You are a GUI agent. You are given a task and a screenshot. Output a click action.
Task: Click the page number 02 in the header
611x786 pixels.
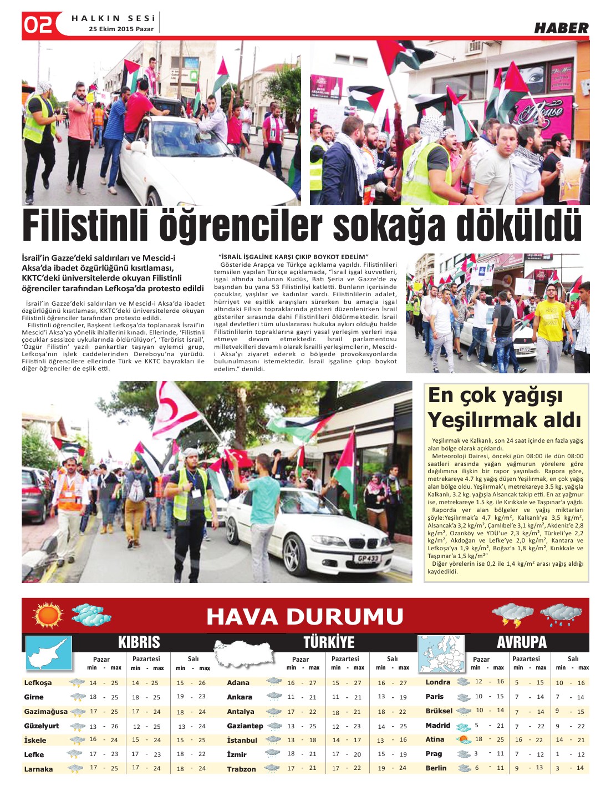click(38, 24)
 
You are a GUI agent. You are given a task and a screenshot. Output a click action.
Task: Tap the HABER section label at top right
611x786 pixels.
click(561, 28)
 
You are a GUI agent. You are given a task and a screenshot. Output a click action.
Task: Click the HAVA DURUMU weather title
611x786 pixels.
click(304, 616)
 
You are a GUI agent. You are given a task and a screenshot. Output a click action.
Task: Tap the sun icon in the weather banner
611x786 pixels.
click(48, 615)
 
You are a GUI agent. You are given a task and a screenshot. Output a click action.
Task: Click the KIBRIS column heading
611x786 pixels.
click(139, 642)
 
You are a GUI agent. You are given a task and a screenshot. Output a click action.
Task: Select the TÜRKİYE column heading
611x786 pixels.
click(328, 642)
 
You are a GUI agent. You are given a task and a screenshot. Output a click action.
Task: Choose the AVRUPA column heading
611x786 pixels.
click(521, 642)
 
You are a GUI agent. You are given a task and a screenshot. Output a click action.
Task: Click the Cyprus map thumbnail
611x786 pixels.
click(49, 653)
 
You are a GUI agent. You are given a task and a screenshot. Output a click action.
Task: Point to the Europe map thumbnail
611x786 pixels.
click(440, 653)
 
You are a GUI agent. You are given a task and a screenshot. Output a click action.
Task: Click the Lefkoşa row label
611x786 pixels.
click(38, 683)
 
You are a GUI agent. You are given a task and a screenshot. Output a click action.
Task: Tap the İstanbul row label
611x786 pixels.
click(242, 740)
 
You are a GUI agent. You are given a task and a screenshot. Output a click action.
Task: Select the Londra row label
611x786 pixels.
click(437, 682)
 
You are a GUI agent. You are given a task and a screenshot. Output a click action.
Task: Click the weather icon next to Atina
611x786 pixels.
click(463, 739)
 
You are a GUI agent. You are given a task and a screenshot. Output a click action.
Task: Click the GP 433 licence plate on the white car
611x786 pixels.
click(368, 559)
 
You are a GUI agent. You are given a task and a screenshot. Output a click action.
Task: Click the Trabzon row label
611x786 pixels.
click(241, 769)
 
